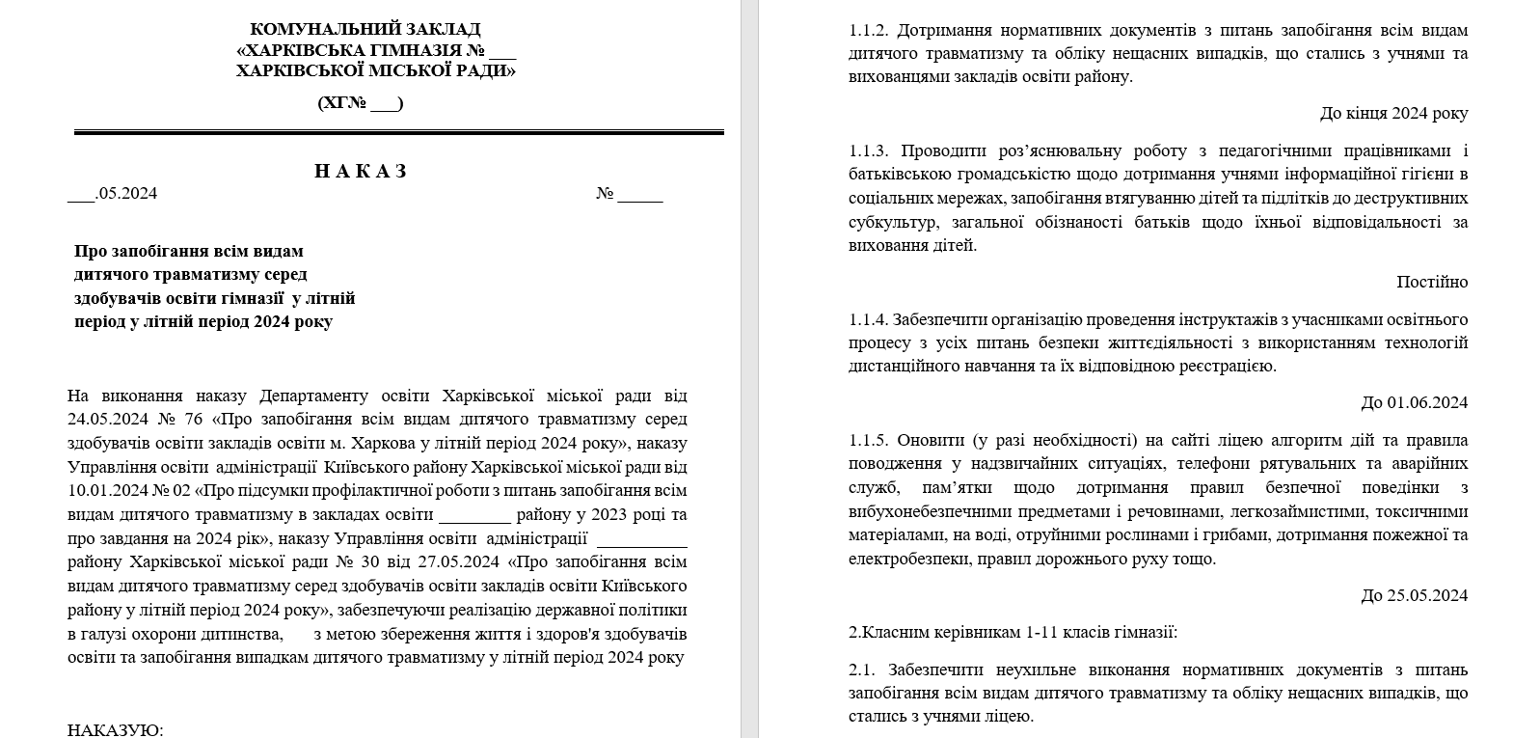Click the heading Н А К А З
point(361,172)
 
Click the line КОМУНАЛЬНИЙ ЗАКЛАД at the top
point(365,30)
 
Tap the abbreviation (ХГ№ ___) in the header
point(361,103)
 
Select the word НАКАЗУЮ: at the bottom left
point(116,729)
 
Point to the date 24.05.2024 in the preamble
point(105,420)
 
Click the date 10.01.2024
point(105,491)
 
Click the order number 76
point(191,420)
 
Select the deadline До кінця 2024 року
point(1393,114)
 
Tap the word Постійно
point(1432,283)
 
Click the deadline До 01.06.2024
point(1415,403)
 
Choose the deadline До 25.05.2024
point(1415,595)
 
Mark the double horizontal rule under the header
point(398,132)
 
